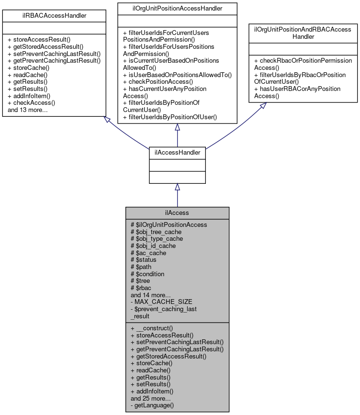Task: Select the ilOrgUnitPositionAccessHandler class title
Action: point(177,8)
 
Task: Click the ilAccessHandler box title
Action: point(177,153)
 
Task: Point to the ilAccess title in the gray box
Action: point(177,213)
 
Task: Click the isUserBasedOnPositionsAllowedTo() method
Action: point(177,75)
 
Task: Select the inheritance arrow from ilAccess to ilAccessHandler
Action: point(177,196)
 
